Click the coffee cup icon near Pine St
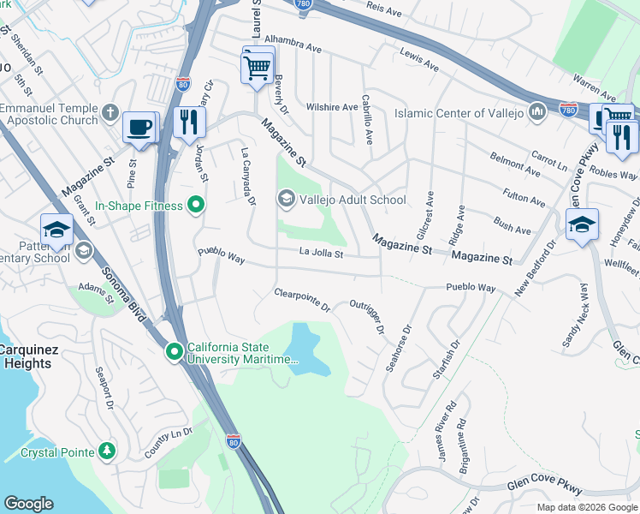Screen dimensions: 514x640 pos(140,128)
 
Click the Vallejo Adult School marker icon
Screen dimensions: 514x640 pos(286,200)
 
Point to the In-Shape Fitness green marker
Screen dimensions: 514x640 pos(196,206)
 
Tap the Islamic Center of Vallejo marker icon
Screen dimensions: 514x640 pos(537,113)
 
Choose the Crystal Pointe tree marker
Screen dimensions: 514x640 pos(106,451)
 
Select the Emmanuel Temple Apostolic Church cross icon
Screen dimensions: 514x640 pos(110,113)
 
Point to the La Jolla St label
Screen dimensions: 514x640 pos(321,254)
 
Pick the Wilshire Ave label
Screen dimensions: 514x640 pos(333,108)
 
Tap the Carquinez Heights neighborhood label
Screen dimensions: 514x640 pos(29,356)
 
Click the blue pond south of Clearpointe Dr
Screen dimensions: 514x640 pos(306,350)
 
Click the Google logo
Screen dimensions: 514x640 pos(28,504)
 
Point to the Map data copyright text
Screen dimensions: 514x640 pos(586,507)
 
